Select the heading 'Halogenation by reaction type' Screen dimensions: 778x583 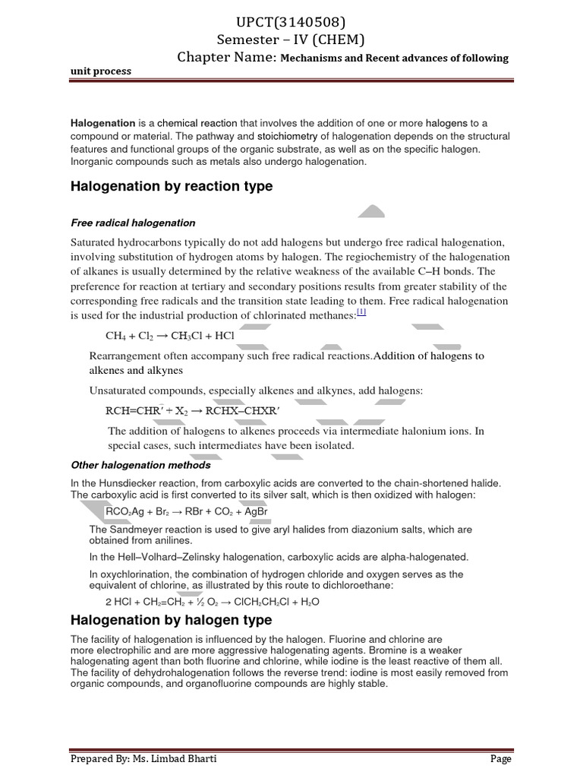(x=172, y=187)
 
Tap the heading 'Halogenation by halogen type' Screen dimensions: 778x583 (x=171, y=621)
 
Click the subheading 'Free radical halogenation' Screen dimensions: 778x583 (x=133, y=223)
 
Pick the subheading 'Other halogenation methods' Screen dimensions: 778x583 (x=140, y=464)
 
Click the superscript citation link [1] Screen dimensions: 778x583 (x=361, y=312)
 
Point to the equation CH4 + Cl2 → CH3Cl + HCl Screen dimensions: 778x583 (x=171, y=336)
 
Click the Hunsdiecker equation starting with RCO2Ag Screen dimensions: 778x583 (x=188, y=511)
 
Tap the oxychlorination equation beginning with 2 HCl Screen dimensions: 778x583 (x=212, y=602)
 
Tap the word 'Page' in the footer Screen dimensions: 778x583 (x=500, y=758)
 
